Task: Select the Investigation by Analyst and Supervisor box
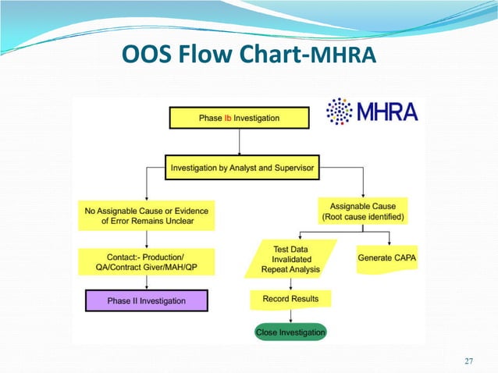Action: coord(242,166)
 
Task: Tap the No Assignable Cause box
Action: coord(146,215)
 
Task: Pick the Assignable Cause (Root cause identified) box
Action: coord(362,211)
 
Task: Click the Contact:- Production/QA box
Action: coord(146,261)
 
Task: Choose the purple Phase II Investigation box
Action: coord(146,300)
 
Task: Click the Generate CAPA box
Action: coord(387,258)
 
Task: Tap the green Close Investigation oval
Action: coord(290,332)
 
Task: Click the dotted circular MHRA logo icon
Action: coord(339,112)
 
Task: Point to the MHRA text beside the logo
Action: coord(387,112)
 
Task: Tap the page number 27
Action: coord(468,361)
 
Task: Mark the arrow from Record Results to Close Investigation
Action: coord(290,315)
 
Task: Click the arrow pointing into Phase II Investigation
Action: coord(146,282)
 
